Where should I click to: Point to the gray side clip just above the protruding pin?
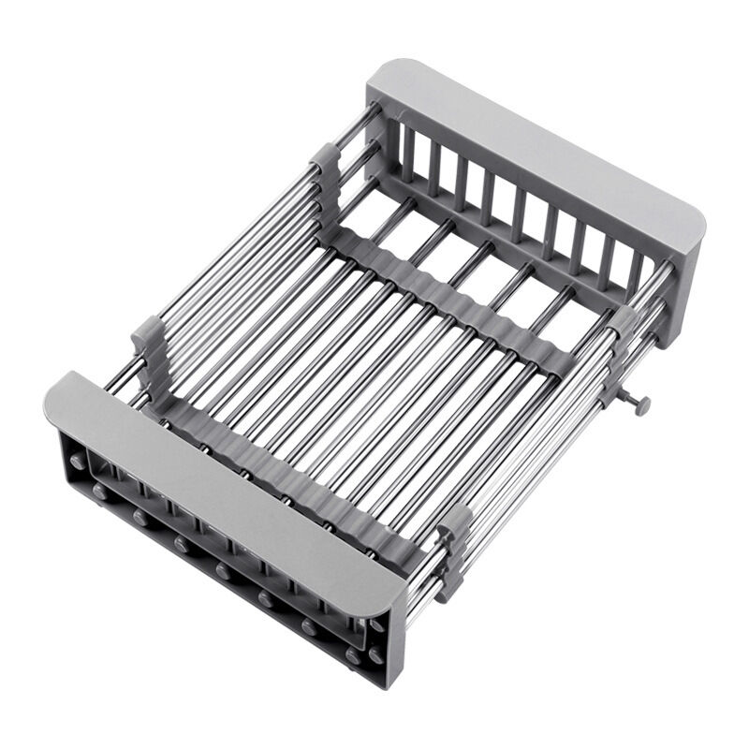click(x=625, y=328)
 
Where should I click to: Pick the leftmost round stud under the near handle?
click(x=99, y=491)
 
